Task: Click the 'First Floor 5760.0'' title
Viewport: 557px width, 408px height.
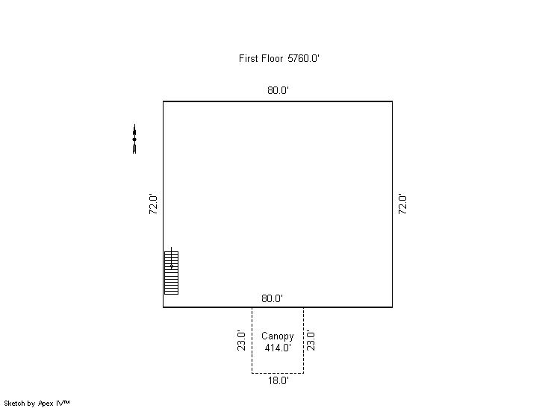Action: click(x=279, y=58)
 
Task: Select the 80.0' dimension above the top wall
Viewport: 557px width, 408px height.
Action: click(x=278, y=90)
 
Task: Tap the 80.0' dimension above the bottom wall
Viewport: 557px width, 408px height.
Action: click(x=272, y=298)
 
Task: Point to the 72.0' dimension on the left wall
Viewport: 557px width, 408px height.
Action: click(x=153, y=204)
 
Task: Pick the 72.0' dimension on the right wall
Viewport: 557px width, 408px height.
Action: click(x=402, y=204)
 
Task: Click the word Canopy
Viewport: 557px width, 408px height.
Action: click(x=278, y=336)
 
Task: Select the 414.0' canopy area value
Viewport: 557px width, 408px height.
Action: click(x=278, y=348)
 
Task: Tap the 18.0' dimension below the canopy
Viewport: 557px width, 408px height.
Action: click(x=278, y=380)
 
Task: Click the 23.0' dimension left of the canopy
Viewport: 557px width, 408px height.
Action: click(x=241, y=341)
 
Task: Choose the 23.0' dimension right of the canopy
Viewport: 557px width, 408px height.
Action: click(x=311, y=341)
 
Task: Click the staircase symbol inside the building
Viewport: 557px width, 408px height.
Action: click(x=171, y=272)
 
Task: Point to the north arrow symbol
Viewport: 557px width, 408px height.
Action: click(x=134, y=139)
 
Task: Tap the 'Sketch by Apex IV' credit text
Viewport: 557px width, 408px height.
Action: click(x=37, y=404)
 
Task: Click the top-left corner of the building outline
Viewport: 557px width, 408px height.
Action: click(x=164, y=101)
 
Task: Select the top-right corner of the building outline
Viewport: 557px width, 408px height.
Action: click(x=392, y=101)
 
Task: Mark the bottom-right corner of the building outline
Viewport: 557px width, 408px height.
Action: click(x=392, y=307)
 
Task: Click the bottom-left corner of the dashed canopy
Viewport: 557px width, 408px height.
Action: click(x=252, y=373)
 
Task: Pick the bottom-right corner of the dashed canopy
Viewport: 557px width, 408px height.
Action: click(x=303, y=373)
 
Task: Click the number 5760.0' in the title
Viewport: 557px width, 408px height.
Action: click(x=304, y=58)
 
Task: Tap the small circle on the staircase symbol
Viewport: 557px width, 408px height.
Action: click(x=172, y=266)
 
